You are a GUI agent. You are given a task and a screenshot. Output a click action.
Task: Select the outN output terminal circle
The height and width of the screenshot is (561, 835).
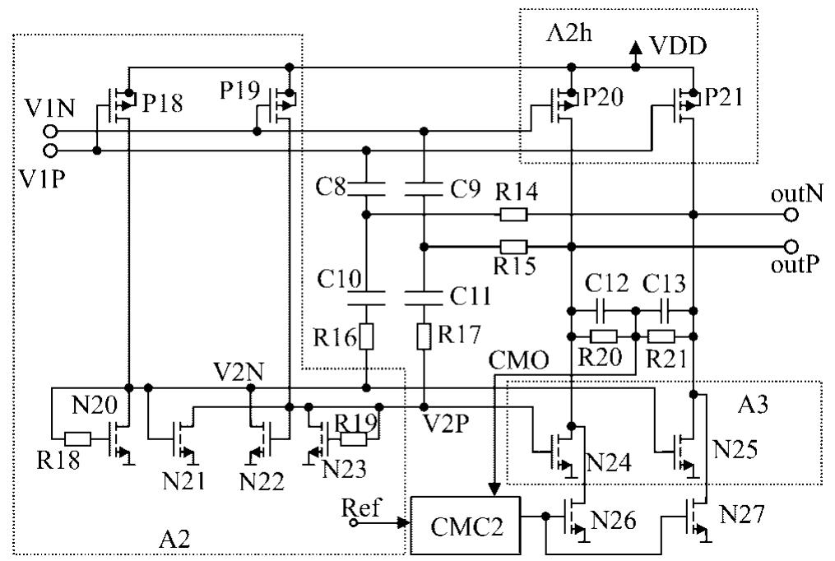791,215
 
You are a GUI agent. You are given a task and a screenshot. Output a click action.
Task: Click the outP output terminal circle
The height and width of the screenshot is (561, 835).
791,246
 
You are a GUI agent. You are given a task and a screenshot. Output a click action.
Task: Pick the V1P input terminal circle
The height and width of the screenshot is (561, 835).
52,151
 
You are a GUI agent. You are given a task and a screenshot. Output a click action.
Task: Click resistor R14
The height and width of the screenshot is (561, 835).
513,215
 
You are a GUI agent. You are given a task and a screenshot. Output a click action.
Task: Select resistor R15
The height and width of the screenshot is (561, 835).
513,246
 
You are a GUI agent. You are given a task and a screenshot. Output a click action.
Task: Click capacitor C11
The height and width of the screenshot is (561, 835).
424,293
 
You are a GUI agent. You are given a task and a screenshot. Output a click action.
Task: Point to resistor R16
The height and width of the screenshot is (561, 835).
365,337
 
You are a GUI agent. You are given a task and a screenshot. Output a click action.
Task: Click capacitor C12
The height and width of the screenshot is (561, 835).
602,310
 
